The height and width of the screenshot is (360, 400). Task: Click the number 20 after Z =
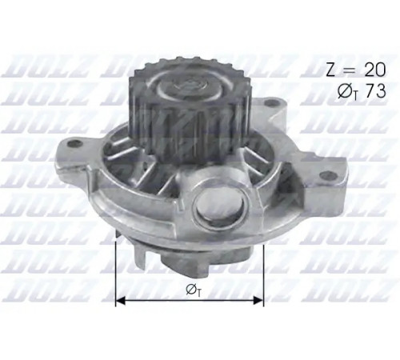click(375, 70)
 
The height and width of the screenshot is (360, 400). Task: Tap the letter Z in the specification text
click(331, 70)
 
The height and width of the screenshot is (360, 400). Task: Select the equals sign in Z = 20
click(350, 70)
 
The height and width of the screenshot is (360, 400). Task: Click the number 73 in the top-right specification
click(374, 90)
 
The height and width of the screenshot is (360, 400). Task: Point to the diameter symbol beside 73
click(345, 91)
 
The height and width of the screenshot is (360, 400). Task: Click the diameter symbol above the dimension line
click(191, 289)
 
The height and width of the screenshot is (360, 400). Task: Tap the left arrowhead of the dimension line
click(121, 300)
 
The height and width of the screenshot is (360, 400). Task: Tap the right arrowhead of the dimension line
click(258, 300)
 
